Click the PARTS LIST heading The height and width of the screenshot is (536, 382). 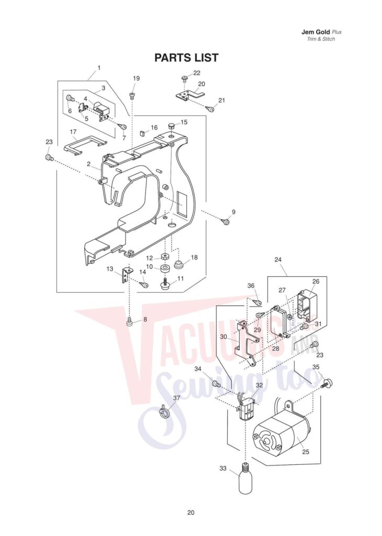(x=186, y=58)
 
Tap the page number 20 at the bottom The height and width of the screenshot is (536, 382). (x=190, y=512)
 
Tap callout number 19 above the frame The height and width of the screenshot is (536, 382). (x=136, y=79)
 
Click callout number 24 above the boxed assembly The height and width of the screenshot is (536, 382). (x=278, y=260)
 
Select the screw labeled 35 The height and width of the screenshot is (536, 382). (x=329, y=383)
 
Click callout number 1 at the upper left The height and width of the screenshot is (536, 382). (x=99, y=68)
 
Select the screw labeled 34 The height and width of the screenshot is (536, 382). (x=215, y=384)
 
